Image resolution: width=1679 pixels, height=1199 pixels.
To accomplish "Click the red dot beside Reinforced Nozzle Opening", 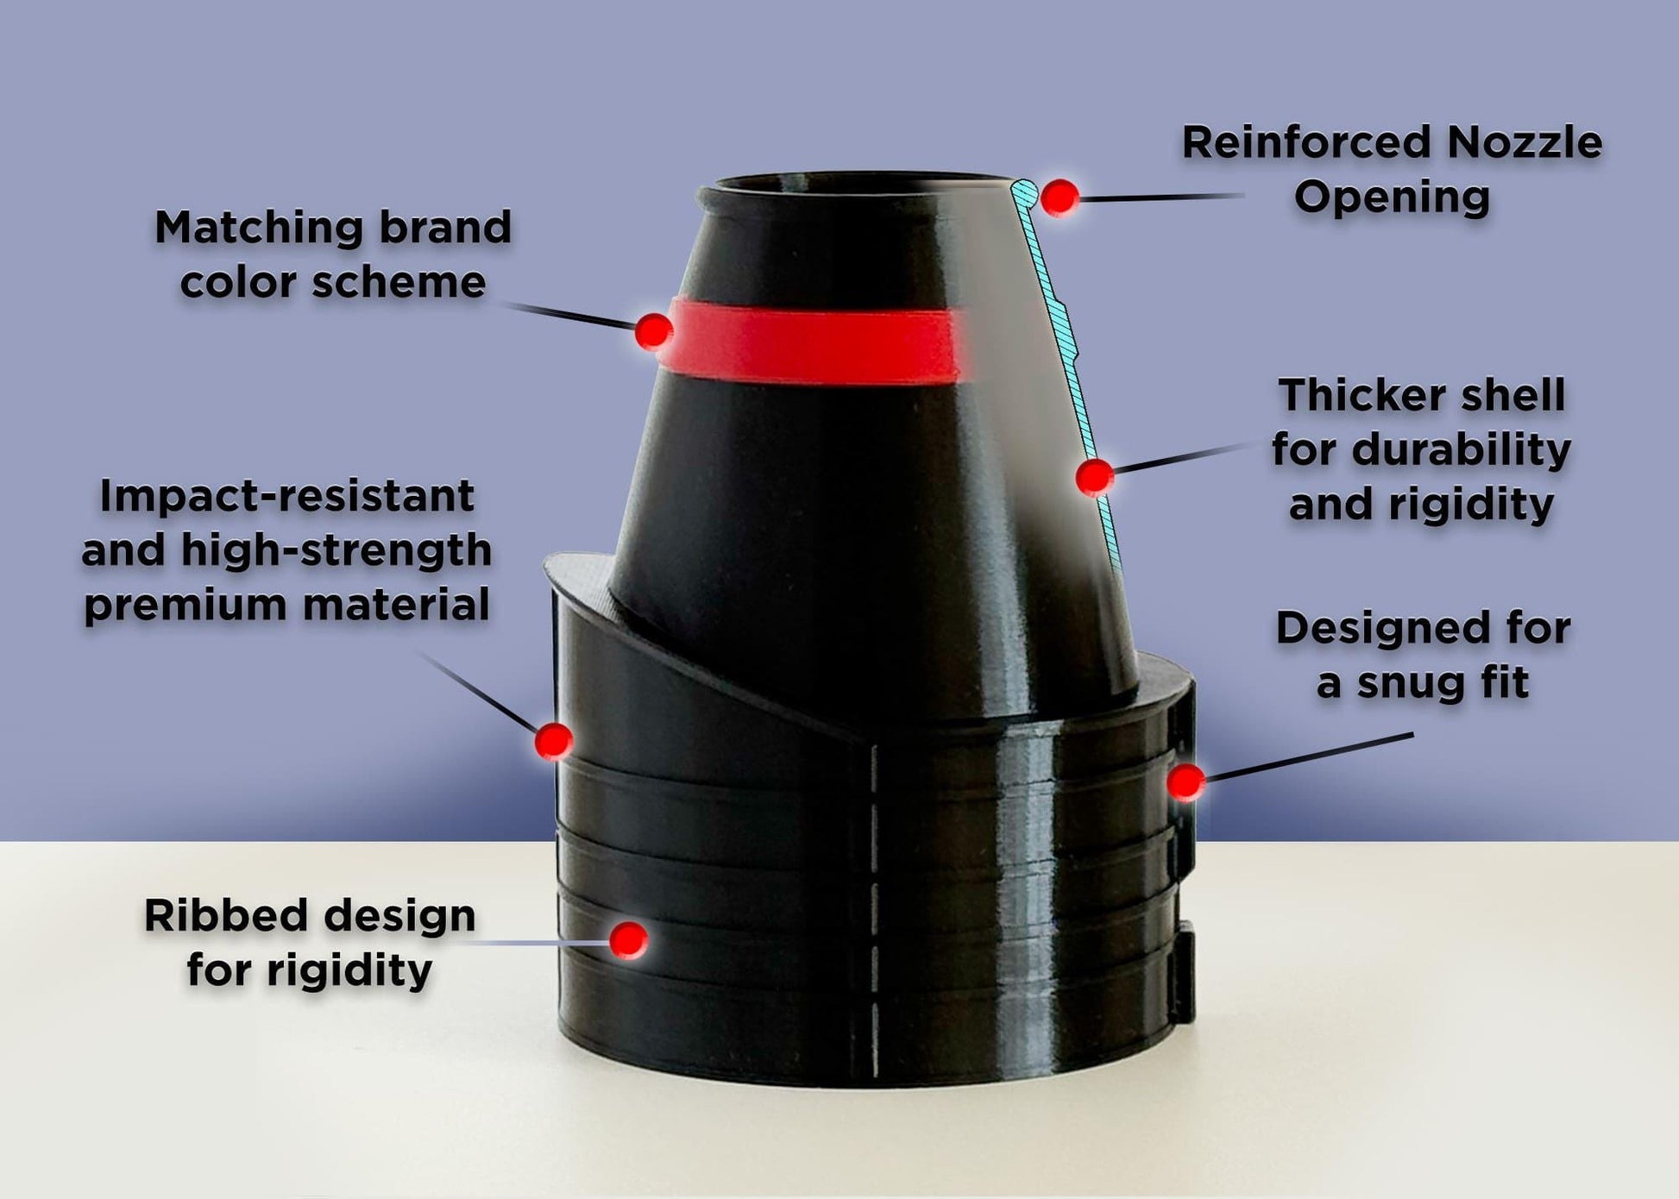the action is [1060, 198].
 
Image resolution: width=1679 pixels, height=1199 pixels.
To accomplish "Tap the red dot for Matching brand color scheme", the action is [654, 330].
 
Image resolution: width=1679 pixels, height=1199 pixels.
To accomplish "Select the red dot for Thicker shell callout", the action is [1095, 477].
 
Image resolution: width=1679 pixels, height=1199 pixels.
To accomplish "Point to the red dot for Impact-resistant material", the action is [553, 740].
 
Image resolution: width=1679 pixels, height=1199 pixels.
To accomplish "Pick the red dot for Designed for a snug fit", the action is [1186, 782].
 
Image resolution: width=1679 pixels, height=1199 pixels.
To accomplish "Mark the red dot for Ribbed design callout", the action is [628, 939].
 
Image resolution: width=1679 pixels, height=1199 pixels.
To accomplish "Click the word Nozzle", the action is [1525, 142].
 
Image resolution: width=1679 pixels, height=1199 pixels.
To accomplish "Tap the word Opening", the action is [1392, 198].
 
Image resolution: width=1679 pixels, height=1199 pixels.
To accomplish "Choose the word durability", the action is [1462, 451].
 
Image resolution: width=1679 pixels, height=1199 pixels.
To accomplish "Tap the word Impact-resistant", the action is [286, 496].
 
